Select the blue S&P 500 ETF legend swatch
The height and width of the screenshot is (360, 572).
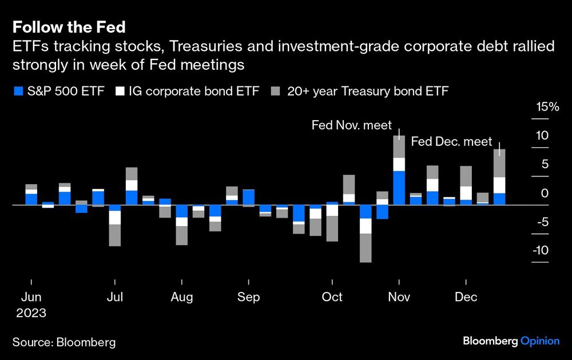[x=17, y=90]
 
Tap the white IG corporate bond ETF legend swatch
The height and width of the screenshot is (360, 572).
[x=120, y=90]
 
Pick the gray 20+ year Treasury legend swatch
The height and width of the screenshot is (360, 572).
[x=275, y=90]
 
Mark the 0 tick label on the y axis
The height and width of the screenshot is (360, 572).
[x=545, y=193]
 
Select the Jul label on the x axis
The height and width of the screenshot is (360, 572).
[x=116, y=297]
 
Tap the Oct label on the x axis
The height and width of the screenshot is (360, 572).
[x=332, y=297]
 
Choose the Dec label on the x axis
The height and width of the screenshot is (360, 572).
[x=467, y=297]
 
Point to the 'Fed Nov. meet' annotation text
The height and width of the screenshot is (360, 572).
[x=351, y=125]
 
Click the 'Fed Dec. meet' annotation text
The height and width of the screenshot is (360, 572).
[x=452, y=141]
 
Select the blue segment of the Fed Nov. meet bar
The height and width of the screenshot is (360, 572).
[x=399, y=187]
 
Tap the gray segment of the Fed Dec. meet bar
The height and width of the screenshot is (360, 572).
[x=499, y=163]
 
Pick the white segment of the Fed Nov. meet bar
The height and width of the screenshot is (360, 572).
[x=399, y=164]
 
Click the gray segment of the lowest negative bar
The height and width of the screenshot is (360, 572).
[x=366, y=248]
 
